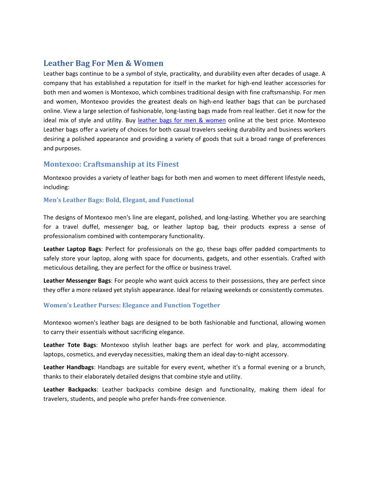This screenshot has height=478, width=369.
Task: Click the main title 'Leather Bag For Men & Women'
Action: (x=103, y=63)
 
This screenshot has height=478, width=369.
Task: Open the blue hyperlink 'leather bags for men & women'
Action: (x=181, y=120)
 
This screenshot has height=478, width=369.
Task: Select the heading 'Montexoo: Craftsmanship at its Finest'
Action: (x=111, y=164)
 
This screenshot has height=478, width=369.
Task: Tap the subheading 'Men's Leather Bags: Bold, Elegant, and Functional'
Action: (x=118, y=200)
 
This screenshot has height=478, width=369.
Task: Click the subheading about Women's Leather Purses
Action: (x=132, y=305)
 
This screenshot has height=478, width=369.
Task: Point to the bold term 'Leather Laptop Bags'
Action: (x=72, y=249)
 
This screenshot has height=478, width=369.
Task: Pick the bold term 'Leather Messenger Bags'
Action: (x=77, y=281)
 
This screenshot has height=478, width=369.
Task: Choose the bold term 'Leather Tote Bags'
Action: (x=69, y=345)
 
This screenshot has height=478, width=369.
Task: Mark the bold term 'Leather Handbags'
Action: (x=68, y=367)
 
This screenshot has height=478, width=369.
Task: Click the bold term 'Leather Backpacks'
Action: (x=70, y=389)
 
